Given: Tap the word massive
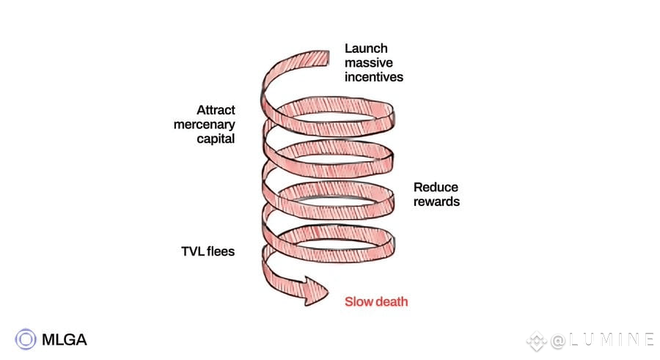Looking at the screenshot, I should (369, 63).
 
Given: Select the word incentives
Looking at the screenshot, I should (374, 76).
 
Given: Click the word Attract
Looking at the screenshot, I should (216, 110).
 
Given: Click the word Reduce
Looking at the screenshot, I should (435, 187).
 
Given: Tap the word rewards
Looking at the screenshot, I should (437, 201).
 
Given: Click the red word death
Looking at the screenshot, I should (392, 302).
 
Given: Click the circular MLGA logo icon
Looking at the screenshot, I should (26, 339).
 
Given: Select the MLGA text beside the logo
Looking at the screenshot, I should (64, 339).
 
